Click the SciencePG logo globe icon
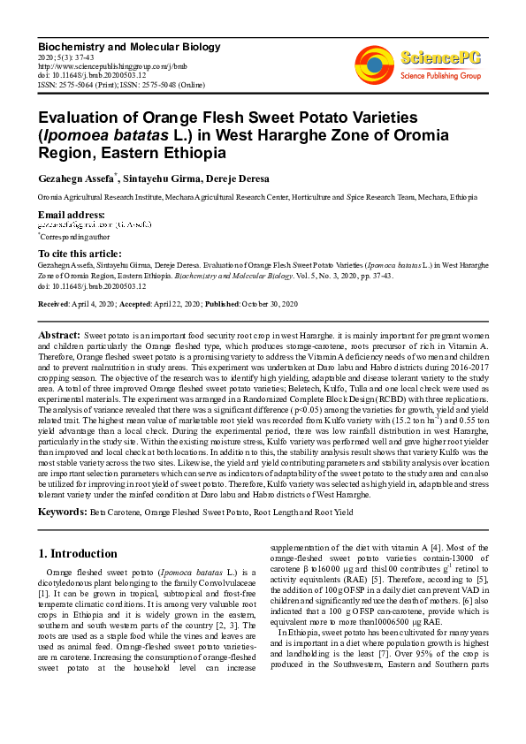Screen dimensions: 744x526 coord(374,65)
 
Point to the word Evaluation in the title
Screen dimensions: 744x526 coord(77,118)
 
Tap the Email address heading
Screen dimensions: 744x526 coord(71,215)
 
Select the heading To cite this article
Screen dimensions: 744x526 coord(80,254)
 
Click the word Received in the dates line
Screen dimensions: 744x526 coord(54,304)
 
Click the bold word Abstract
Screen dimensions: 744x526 coord(58,337)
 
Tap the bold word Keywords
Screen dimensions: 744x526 coord(62,512)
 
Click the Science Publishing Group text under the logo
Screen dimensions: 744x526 coord(440,76)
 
